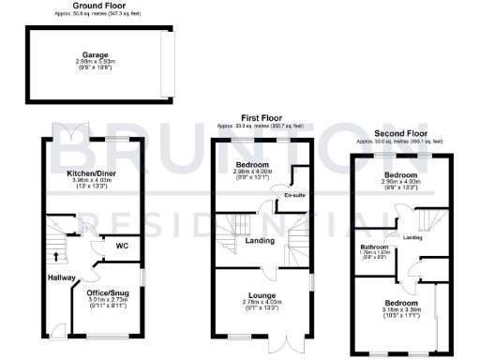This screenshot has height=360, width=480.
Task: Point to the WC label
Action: point(122,247)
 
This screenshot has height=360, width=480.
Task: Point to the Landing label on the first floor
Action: point(260,240)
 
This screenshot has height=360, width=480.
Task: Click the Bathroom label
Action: point(375,247)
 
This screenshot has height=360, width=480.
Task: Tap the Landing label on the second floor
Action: point(412,236)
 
